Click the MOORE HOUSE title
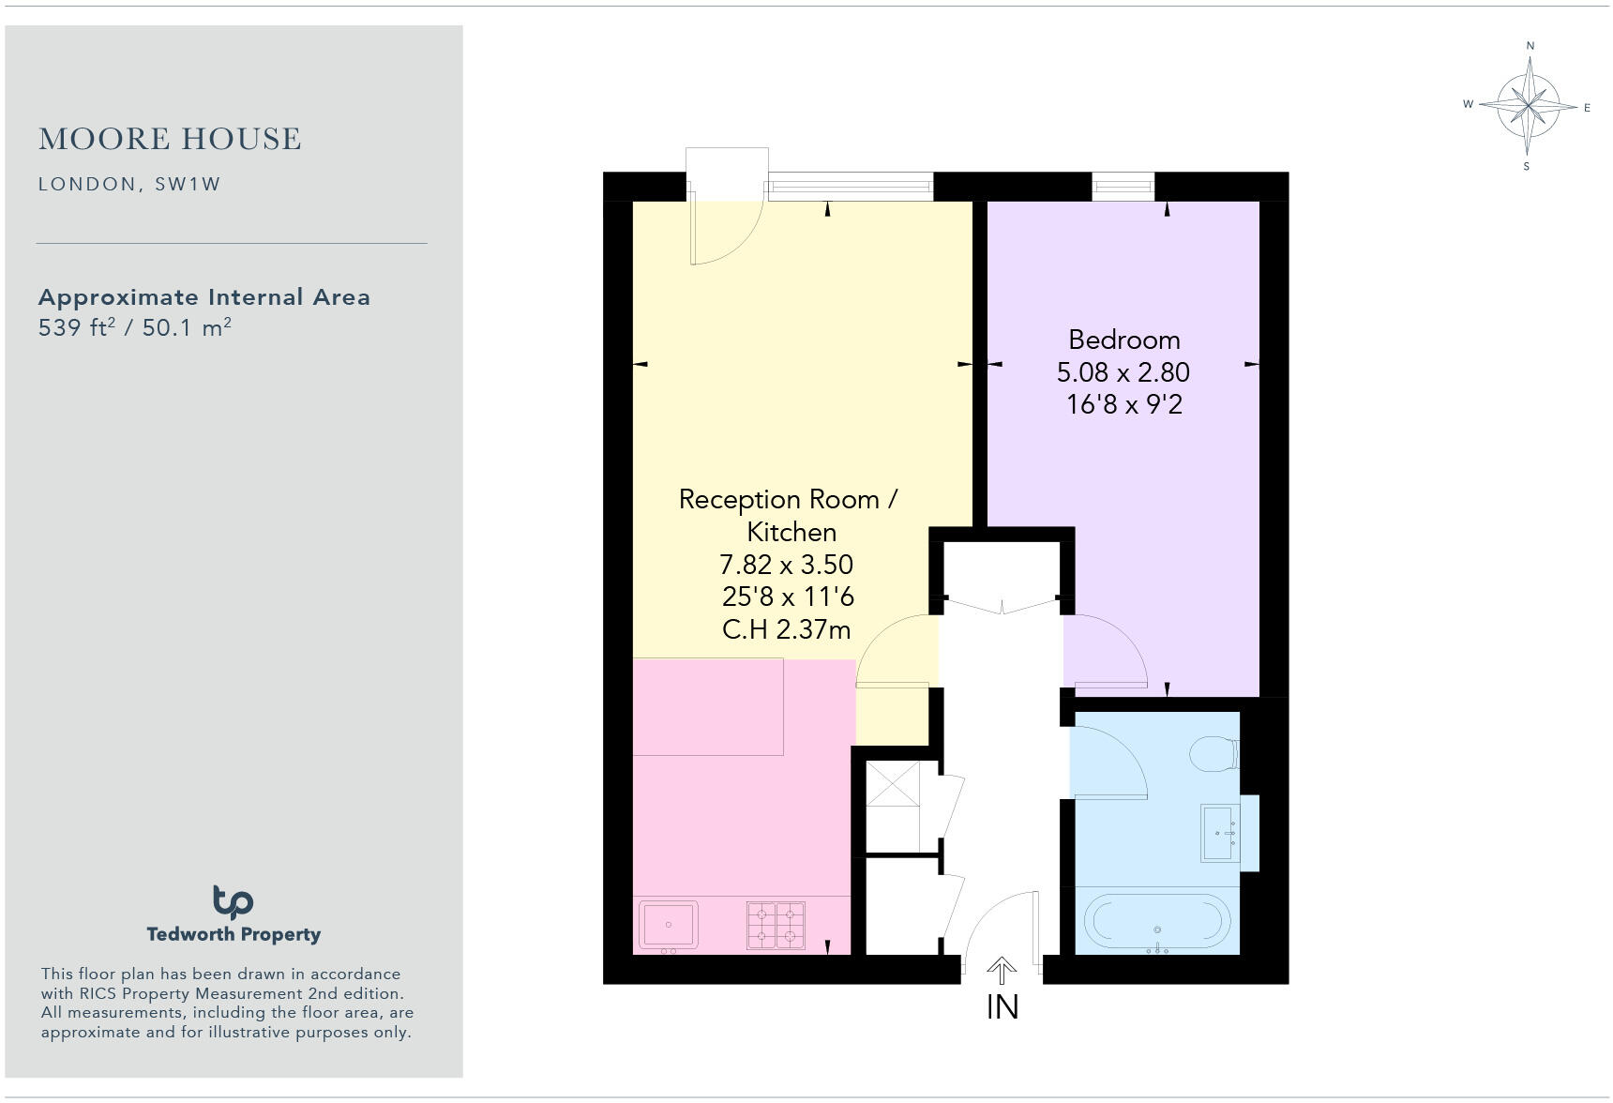point(170,139)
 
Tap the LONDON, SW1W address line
point(129,184)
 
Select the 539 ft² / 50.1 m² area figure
point(134,328)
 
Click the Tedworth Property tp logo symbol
point(233,902)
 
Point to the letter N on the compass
point(1530,45)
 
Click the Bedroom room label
point(1123,340)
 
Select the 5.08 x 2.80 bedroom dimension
point(1123,372)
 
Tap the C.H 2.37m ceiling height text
point(786,629)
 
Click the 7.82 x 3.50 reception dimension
point(786,565)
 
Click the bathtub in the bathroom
point(1156,922)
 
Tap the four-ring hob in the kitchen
point(776,925)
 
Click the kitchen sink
point(669,925)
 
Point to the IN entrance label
point(1002,1007)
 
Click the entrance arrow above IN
point(1002,970)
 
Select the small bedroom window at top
point(1123,187)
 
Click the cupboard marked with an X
point(892,783)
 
